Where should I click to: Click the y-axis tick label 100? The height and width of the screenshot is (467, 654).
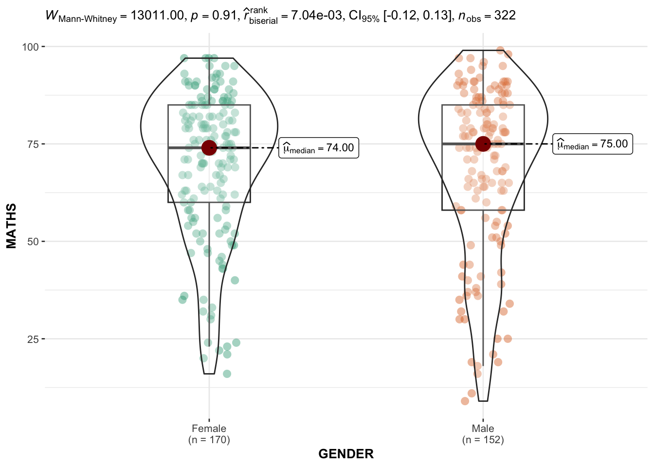click(30, 47)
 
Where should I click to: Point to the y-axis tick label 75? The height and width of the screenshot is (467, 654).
click(33, 144)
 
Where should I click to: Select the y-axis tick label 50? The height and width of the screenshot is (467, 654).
click(33, 242)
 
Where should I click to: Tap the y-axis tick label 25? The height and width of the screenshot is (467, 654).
click(33, 339)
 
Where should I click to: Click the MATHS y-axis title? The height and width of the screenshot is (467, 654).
click(11, 226)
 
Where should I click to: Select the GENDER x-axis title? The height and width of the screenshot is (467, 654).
click(346, 454)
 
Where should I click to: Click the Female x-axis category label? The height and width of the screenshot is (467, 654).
click(209, 429)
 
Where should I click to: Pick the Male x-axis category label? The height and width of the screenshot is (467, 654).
click(483, 429)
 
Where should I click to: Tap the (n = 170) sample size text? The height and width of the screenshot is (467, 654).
click(209, 440)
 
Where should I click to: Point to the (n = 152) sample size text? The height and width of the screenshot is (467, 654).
click(483, 440)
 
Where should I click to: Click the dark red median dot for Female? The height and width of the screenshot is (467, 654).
click(209, 147)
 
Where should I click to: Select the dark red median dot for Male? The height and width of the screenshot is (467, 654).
click(483, 144)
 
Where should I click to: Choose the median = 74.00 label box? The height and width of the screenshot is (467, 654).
click(319, 148)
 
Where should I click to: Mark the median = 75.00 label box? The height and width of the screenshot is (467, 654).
click(592, 144)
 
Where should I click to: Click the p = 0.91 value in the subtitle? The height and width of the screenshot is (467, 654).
click(213, 16)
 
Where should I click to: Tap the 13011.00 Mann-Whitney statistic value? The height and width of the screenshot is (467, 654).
click(157, 16)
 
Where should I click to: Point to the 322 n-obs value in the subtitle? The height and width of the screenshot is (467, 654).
click(505, 16)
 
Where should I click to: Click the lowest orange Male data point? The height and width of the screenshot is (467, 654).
click(465, 401)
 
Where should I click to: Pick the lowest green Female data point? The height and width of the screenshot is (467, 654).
click(227, 374)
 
